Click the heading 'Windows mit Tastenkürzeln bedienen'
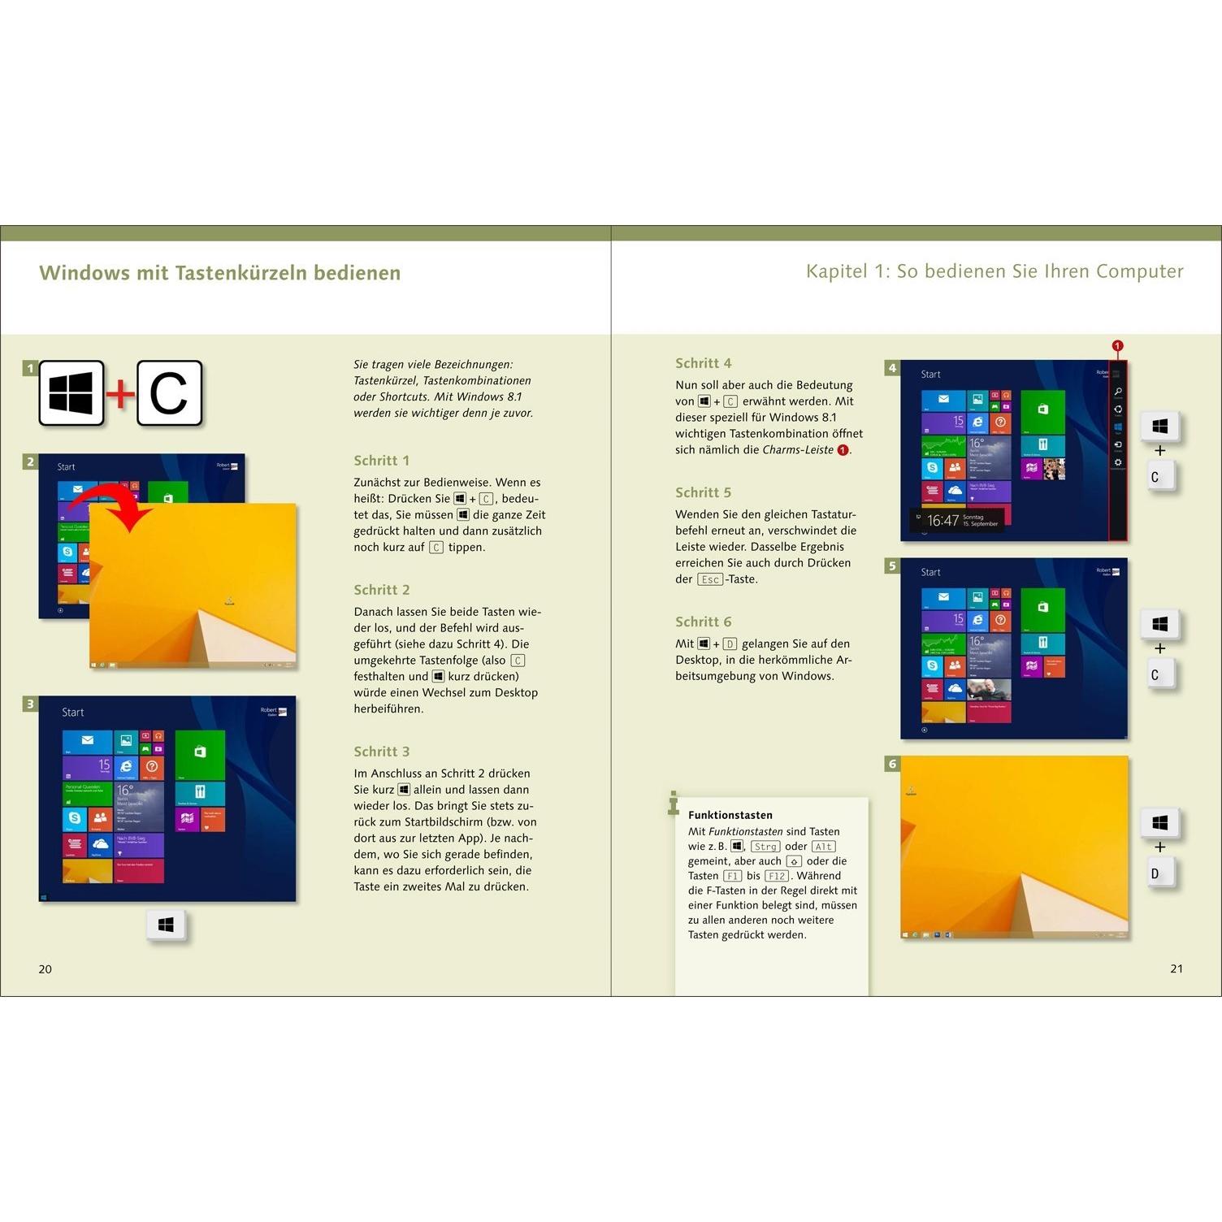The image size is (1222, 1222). [219, 273]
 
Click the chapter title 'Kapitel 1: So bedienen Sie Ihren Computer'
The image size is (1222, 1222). [994, 271]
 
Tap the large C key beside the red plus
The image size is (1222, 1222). [169, 394]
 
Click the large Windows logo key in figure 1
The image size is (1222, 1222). [71, 394]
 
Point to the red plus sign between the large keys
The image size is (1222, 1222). [120, 394]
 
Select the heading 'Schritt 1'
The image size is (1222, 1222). [381, 461]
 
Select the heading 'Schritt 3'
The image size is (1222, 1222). [381, 752]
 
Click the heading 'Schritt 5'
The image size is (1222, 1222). [703, 492]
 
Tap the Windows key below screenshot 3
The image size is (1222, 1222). [167, 925]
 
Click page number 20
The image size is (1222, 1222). [45, 968]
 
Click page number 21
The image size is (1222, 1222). [1176, 968]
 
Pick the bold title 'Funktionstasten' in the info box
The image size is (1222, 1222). [730, 815]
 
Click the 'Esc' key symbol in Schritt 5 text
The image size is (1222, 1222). [709, 579]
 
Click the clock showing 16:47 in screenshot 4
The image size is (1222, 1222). [942, 521]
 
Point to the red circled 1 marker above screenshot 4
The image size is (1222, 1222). [1117, 346]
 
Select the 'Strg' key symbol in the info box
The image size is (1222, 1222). [765, 847]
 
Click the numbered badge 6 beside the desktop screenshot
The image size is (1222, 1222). [892, 764]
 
